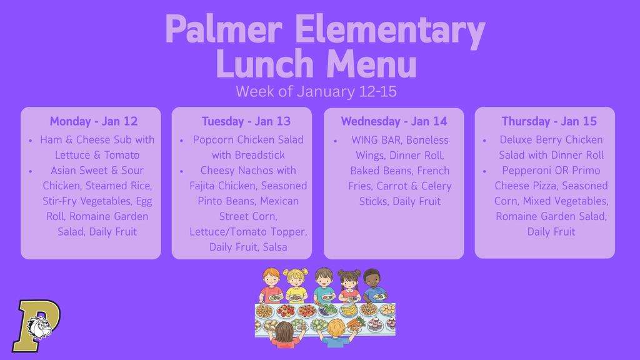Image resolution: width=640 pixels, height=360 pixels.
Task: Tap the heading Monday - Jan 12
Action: (x=94, y=121)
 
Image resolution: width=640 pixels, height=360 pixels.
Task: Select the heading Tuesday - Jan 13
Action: (x=246, y=121)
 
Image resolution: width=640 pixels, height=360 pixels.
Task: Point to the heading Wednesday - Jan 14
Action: (x=394, y=121)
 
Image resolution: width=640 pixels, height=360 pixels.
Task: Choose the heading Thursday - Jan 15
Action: (x=549, y=121)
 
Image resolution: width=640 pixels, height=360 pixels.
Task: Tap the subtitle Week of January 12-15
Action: (x=316, y=92)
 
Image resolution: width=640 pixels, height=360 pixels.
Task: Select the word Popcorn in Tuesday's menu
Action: (x=212, y=140)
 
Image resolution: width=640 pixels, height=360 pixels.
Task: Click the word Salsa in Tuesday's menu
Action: (x=275, y=247)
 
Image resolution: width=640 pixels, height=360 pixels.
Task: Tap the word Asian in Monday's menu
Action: (x=66, y=171)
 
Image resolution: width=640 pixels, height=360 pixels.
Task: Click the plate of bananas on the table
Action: (x=348, y=310)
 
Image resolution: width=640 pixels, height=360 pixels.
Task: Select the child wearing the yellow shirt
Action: (x=296, y=287)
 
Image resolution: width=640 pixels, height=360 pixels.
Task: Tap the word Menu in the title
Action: (x=371, y=64)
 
